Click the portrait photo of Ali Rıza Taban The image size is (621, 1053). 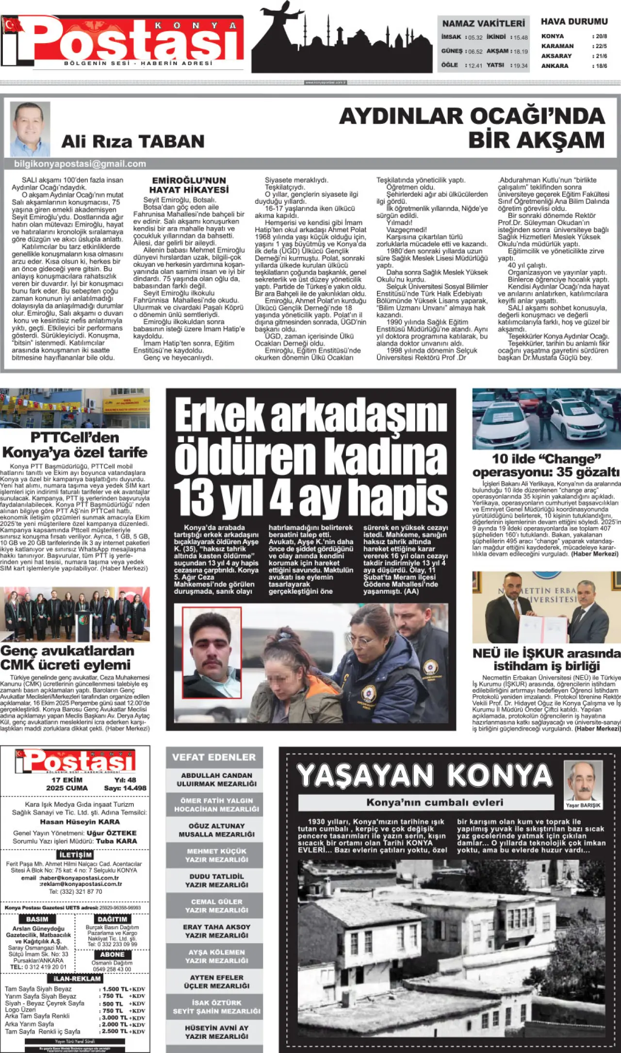[30, 129]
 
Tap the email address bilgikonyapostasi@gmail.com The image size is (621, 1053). [80, 164]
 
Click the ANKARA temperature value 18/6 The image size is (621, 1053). [601, 66]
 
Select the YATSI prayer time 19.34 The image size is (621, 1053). [520, 66]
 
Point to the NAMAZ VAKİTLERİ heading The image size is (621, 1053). [483, 23]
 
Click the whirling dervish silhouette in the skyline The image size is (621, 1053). [277, 19]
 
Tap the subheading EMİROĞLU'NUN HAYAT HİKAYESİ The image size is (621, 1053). [189, 185]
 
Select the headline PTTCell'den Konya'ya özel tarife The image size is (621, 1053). [75, 445]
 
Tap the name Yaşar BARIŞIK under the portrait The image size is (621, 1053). [583, 805]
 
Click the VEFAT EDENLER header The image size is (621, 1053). [214, 757]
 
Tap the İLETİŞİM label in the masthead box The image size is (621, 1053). [75, 854]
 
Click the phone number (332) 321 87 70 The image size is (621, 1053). [76, 891]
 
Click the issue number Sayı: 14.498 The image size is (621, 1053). [125, 788]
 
